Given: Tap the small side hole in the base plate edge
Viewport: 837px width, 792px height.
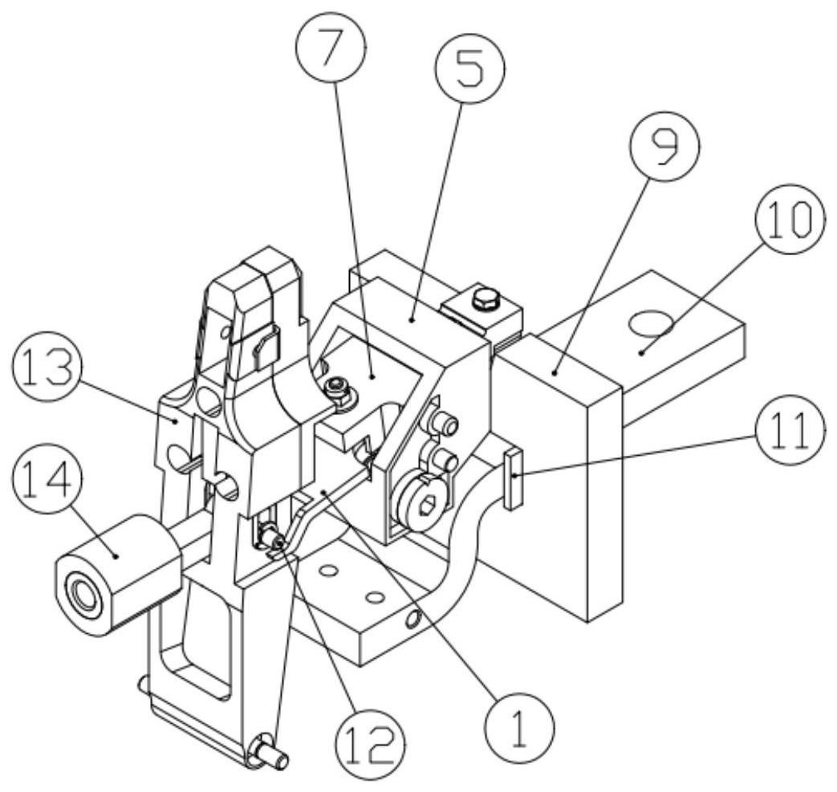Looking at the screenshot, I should click(x=413, y=619).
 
